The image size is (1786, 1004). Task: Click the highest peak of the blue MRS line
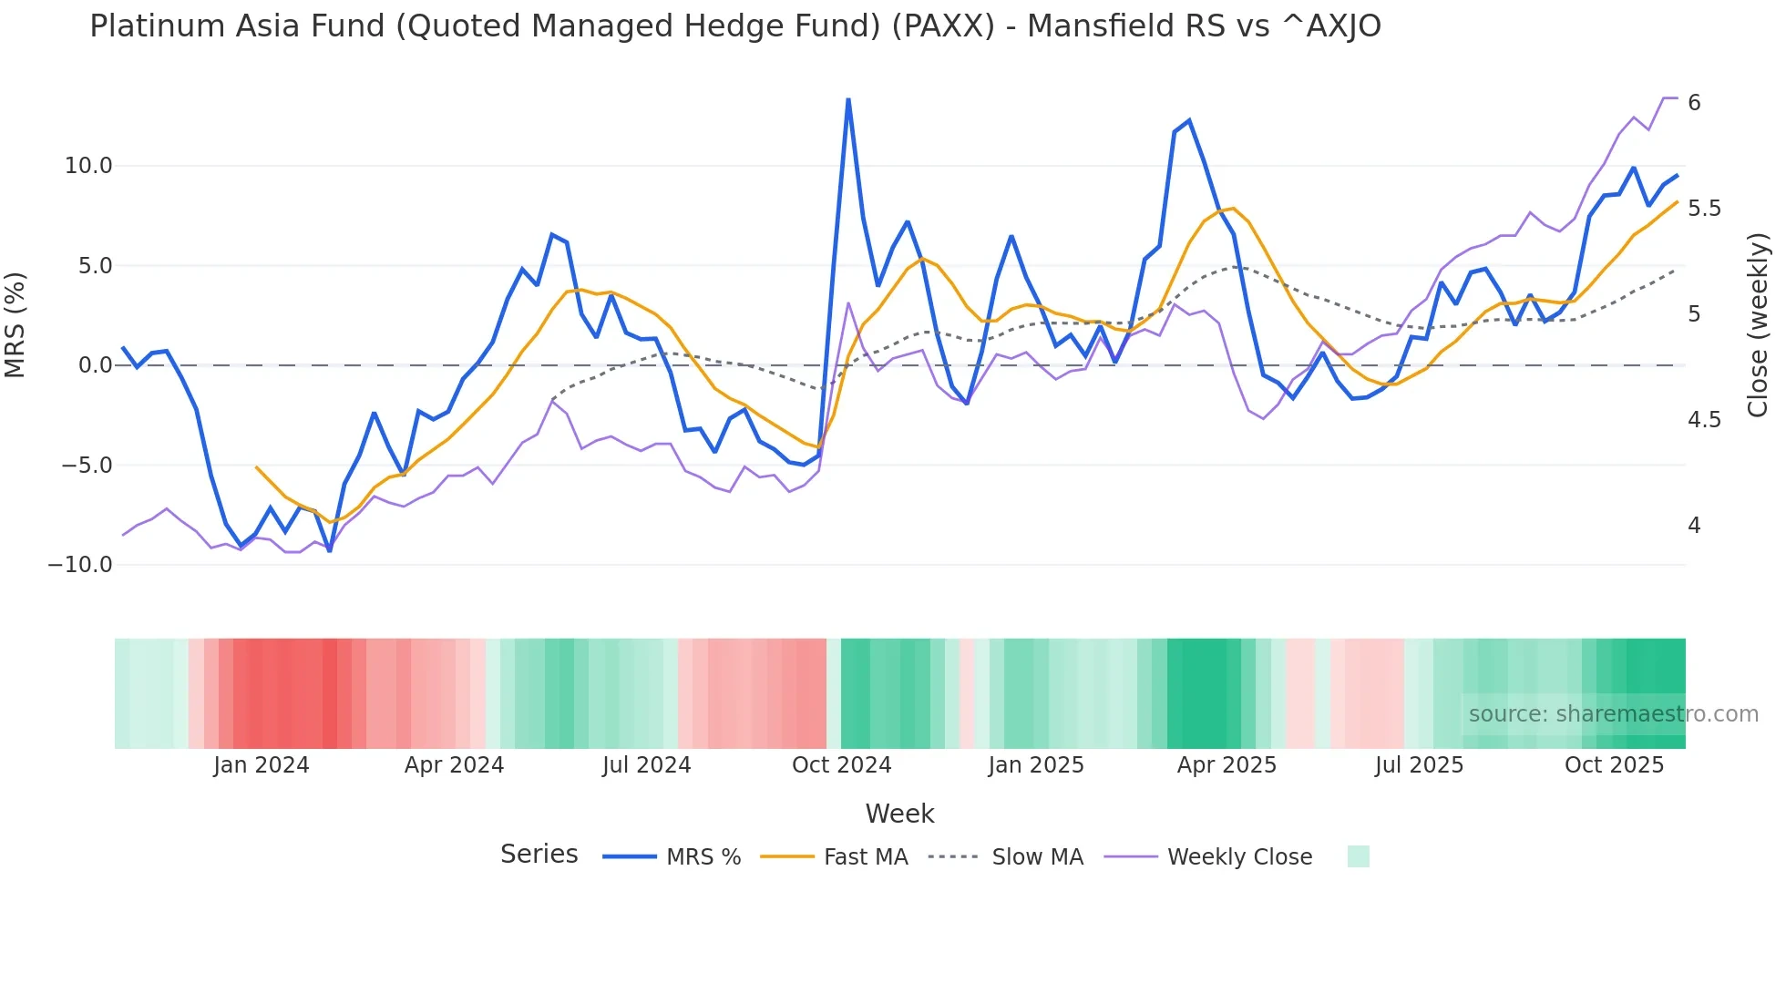pyautogui.click(x=848, y=99)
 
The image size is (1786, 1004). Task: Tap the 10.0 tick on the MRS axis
pyautogui.click(x=87, y=166)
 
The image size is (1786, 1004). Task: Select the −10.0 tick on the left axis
pyautogui.click(x=80, y=565)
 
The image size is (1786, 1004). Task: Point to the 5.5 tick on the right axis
pyautogui.click(x=1704, y=209)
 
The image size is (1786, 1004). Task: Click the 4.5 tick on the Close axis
pyautogui.click(x=1704, y=420)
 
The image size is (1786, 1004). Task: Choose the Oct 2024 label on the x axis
pyautogui.click(x=841, y=765)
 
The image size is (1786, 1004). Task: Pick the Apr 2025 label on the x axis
pyautogui.click(x=1227, y=765)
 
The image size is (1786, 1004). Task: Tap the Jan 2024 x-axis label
pyautogui.click(x=262, y=765)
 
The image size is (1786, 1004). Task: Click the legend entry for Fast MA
pyautogui.click(x=865, y=857)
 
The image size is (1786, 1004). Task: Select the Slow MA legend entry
pyautogui.click(x=1037, y=857)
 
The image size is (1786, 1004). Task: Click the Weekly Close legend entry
pyautogui.click(x=1239, y=857)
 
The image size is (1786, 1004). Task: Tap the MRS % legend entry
pyautogui.click(x=703, y=857)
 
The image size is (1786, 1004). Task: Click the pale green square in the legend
pyautogui.click(x=1358, y=856)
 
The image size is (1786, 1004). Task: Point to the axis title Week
pyautogui.click(x=899, y=814)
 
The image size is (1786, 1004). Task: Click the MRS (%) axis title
pyautogui.click(x=15, y=324)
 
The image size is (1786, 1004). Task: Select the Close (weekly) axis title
pyautogui.click(x=1758, y=325)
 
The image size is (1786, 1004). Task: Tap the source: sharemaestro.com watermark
pyautogui.click(x=1613, y=714)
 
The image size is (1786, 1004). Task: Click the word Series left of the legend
pyautogui.click(x=539, y=855)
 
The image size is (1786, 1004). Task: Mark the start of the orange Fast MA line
pyautogui.click(x=256, y=467)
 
